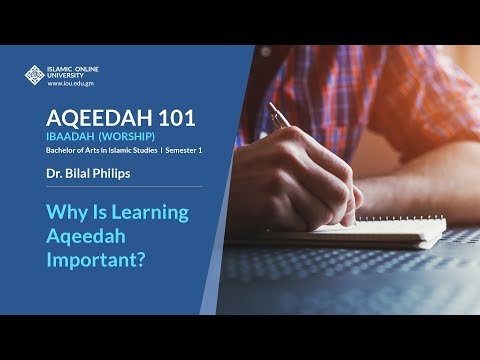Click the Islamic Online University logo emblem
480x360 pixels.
tap(36, 74)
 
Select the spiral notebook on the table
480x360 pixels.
tap(390, 230)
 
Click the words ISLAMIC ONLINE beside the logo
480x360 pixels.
tap(76, 69)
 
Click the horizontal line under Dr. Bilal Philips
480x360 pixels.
tap(124, 186)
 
